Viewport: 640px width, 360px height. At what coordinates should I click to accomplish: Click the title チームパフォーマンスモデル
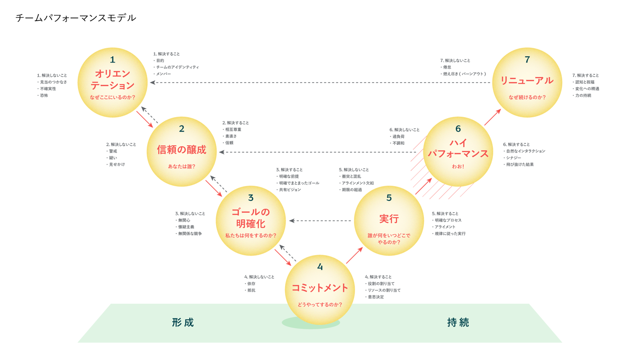(76, 18)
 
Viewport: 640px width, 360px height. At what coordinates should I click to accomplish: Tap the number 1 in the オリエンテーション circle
(113, 60)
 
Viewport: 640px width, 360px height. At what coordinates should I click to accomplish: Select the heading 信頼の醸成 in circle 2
(182, 150)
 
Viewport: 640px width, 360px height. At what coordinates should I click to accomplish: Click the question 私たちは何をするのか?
(251, 235)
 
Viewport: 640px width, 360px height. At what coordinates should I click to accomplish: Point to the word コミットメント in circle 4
(320, 288)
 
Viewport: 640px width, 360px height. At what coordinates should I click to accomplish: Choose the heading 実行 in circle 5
(389, 219)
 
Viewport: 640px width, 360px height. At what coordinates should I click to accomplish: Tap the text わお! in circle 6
(458, 166)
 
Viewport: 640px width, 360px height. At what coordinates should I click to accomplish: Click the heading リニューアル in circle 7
(527, 81)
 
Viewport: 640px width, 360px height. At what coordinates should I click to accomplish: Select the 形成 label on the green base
(183, 322)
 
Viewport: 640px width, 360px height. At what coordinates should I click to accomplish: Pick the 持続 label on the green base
(458, 322)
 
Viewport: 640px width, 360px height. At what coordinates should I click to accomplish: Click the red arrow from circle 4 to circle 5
(354, 256)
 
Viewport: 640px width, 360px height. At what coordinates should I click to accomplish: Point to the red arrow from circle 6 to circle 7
(493, 117)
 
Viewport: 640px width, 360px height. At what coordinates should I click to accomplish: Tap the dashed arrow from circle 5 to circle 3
(320, 221)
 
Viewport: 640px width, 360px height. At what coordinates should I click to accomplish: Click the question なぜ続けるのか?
(527, 97)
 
